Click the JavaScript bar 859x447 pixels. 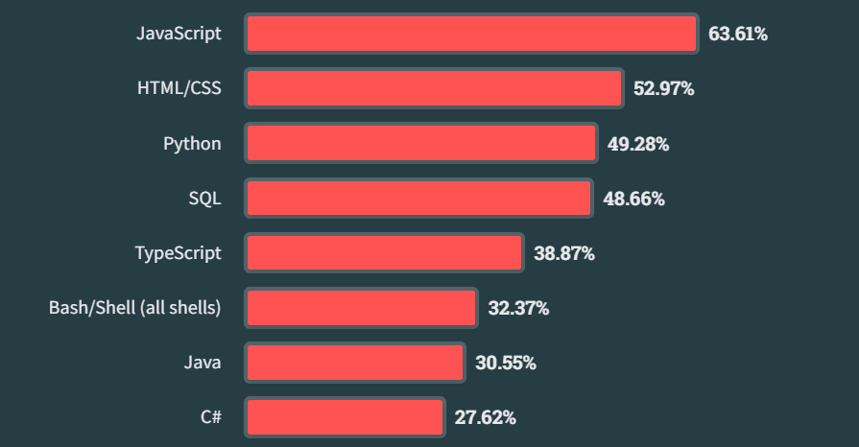[470, 34]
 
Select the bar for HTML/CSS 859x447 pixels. [434, 88]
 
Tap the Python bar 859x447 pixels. [421, 144]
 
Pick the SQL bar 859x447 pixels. [418, 199]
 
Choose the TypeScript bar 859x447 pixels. [384, 253]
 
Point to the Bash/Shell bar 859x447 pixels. [361, 308]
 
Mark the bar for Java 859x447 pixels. [355, 363]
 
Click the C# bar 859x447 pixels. [345, 417]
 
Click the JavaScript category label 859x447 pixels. [179, 34]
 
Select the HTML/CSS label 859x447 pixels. [179, 88]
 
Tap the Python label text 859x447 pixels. [192, 144]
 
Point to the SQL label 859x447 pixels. [204, 199]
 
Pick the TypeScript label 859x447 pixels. [178, 253]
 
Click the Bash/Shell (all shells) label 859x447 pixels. [135, 308]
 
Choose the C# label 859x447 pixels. [211, 417]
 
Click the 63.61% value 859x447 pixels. [738, 35]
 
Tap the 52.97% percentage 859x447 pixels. [663, 89]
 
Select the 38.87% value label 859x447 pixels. [564, 254]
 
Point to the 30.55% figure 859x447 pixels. [505, 364]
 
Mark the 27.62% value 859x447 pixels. [485, 418]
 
